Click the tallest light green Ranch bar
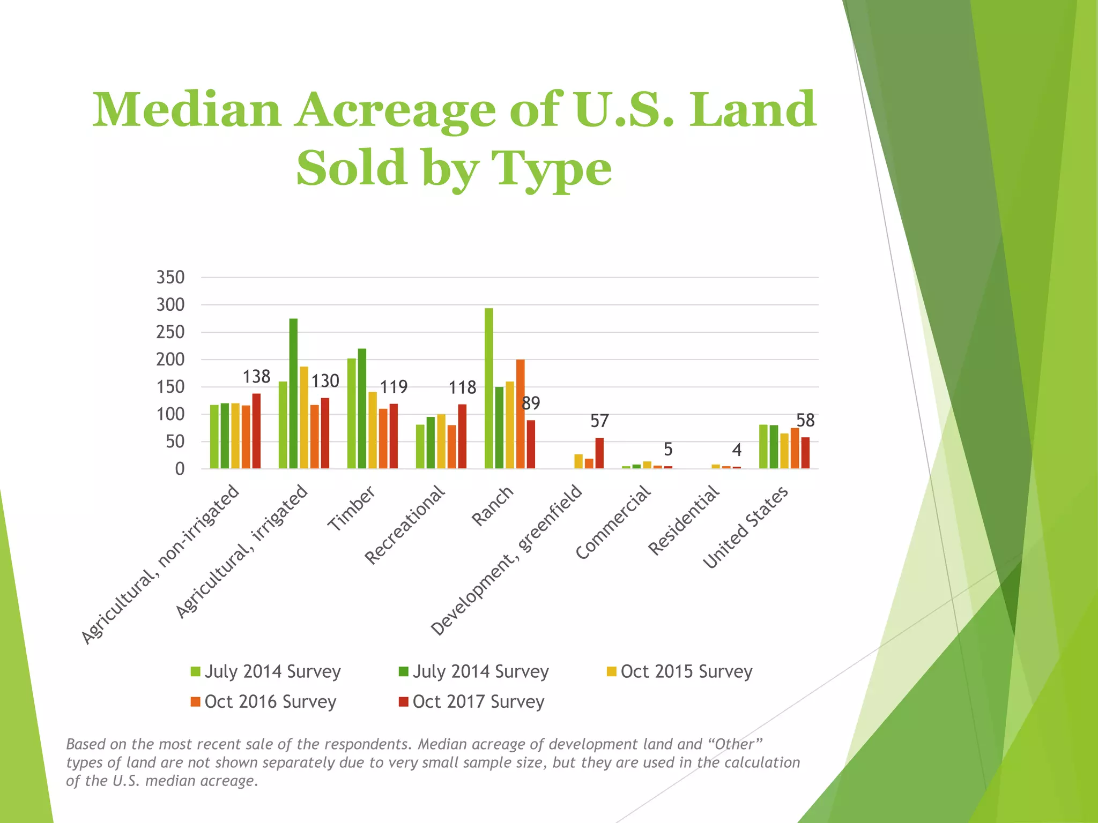(488, 388)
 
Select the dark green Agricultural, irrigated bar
(293, 394)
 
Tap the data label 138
(256, 377)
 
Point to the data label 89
(531, 403)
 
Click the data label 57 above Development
(599, 421)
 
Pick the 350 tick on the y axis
(170, 278)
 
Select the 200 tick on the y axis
(170, 360)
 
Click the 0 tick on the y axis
(180, 469)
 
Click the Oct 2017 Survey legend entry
(471, 701)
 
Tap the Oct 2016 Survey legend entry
(263, 701)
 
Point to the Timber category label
(351, 509)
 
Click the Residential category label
(684, 520)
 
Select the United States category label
(745, 527)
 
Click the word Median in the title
(187, 110)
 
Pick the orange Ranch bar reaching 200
(520, 414)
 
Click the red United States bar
(805, 453)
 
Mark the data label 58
(805, 421)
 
